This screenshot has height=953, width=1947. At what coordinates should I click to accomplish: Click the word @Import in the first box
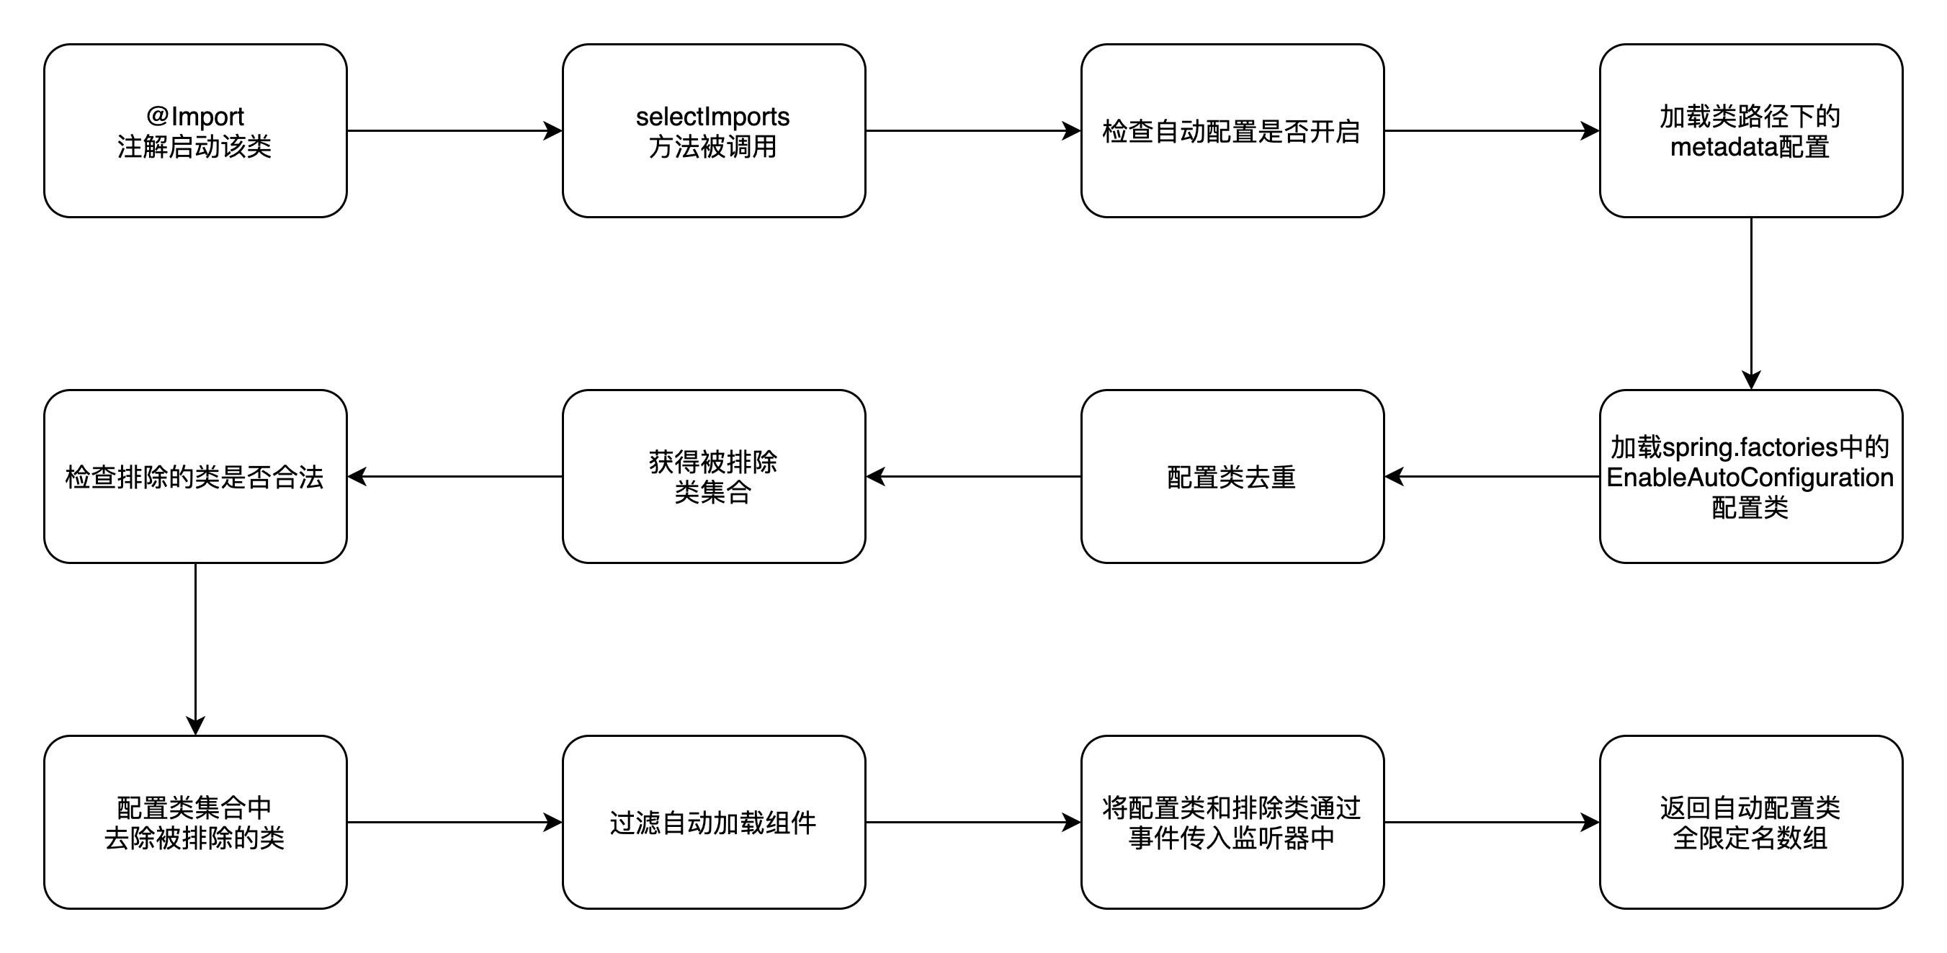click(x=195, y=117)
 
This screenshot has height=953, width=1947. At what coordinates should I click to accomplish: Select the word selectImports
click(x=712, y=117)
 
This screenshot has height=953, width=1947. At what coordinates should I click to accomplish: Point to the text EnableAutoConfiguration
click(x=1750, y=478)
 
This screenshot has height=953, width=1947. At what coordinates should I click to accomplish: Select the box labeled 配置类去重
click(x=1231, y=477)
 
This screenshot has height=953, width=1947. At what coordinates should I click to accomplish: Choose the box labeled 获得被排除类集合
click(x=712, y=477)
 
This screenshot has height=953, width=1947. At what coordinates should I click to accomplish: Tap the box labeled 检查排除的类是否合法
click(x=195, y=477)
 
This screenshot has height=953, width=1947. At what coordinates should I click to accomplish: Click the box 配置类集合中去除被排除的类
click(x=195, y=822)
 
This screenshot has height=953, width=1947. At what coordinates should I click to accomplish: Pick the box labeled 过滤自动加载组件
click(x=712, y=822)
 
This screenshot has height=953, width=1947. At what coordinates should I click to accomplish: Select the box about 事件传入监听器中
click(x=1231, y=822)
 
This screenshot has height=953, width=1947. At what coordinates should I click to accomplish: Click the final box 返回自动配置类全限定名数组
click(x=1750, y=822)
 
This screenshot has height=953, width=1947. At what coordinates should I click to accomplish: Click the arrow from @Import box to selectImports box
click(x=454, y=131)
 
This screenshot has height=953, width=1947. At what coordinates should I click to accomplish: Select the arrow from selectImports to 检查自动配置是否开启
click(x=972, y=131)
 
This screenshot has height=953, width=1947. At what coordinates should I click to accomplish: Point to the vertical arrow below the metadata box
click(x=1750, y=303)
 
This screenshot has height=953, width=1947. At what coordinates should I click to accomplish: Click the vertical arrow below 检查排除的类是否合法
click(x=195, y=648)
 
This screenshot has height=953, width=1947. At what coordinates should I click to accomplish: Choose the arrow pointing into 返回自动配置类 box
click(x=1490, y=822)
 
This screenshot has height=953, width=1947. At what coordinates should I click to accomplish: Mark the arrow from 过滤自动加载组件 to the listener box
click(x=972, y=822)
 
